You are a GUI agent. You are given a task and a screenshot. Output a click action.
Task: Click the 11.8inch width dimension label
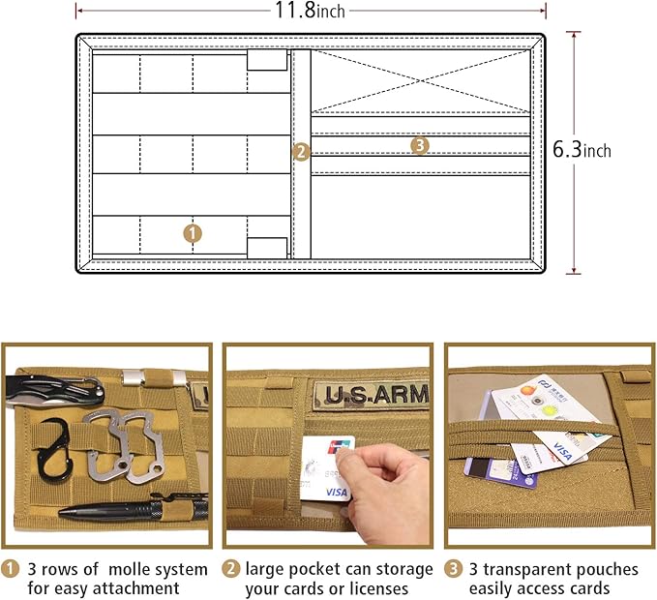click(310, 11)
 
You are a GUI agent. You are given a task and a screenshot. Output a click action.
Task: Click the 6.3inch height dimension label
click(582, 151)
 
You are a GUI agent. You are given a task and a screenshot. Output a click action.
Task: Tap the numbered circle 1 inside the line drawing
click(193, 233)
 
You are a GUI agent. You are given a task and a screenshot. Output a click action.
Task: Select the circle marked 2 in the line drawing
click(301, 152)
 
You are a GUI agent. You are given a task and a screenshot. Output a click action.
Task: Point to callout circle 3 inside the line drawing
click(419, 145)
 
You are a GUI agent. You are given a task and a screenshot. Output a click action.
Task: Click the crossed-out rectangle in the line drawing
click(421, 81)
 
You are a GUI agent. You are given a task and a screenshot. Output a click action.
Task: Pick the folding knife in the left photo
click(58, 390)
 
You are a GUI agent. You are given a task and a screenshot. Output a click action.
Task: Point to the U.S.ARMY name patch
click(373, 395)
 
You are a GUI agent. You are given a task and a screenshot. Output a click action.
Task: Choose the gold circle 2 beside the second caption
click(232, 569)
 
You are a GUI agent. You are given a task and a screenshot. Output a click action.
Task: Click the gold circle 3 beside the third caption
click(454, 569)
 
